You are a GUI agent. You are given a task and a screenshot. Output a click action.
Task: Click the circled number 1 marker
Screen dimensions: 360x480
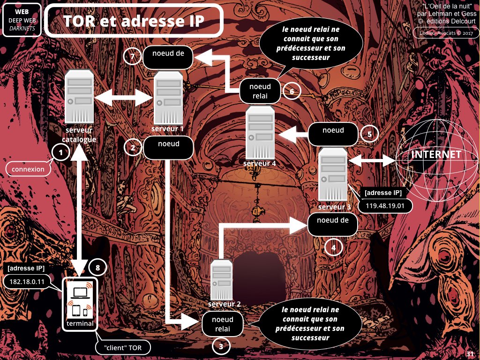pyautogui.click(x=61, y=152)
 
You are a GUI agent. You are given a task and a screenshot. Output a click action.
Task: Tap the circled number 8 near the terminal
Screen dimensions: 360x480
pyautogui.click(x=97, y=267)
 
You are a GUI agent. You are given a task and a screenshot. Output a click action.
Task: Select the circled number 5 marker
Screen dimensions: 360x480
pyautogui.click(x=369, y=134)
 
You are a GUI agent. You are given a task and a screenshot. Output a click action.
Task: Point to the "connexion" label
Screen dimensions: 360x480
pyautogui.click(x=28, y=169)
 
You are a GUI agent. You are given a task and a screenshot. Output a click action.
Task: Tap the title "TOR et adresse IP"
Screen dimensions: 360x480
pyautogui.click(x=134, y=21)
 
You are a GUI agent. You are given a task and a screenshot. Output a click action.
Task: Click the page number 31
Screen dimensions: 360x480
pyautogui.click(x=470, y=354)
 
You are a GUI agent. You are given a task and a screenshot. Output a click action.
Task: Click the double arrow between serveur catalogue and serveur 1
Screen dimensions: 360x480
pyautogui.click(x=124, y=98)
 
